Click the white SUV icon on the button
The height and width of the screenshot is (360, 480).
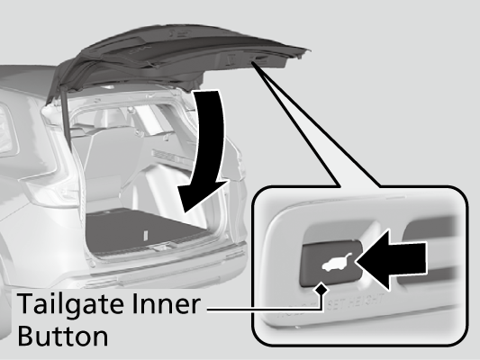[335, 262]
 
